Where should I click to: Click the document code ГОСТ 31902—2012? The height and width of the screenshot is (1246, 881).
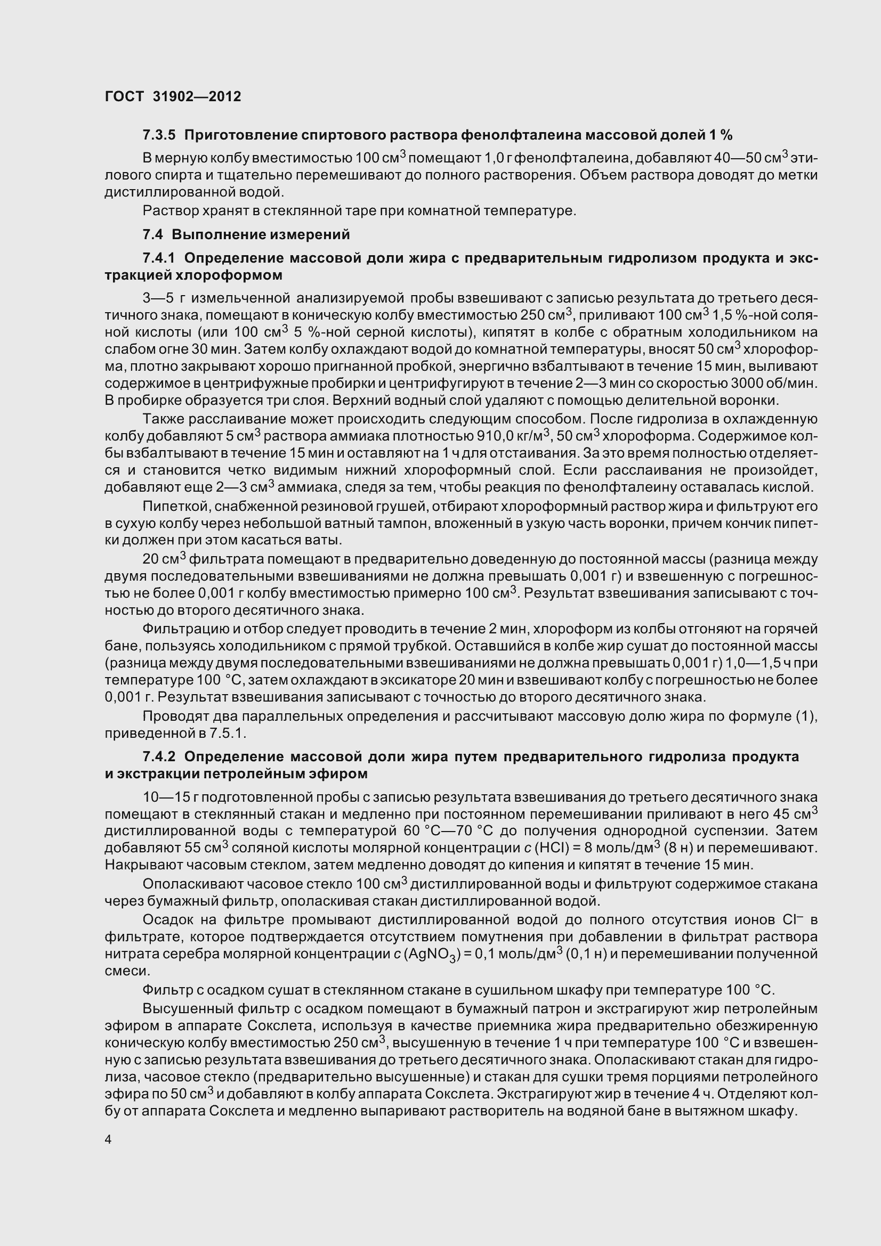coord(173,96)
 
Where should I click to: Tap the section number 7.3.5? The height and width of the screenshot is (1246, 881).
coord(159,135)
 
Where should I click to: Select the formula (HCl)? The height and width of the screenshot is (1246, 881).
coord(553,848)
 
